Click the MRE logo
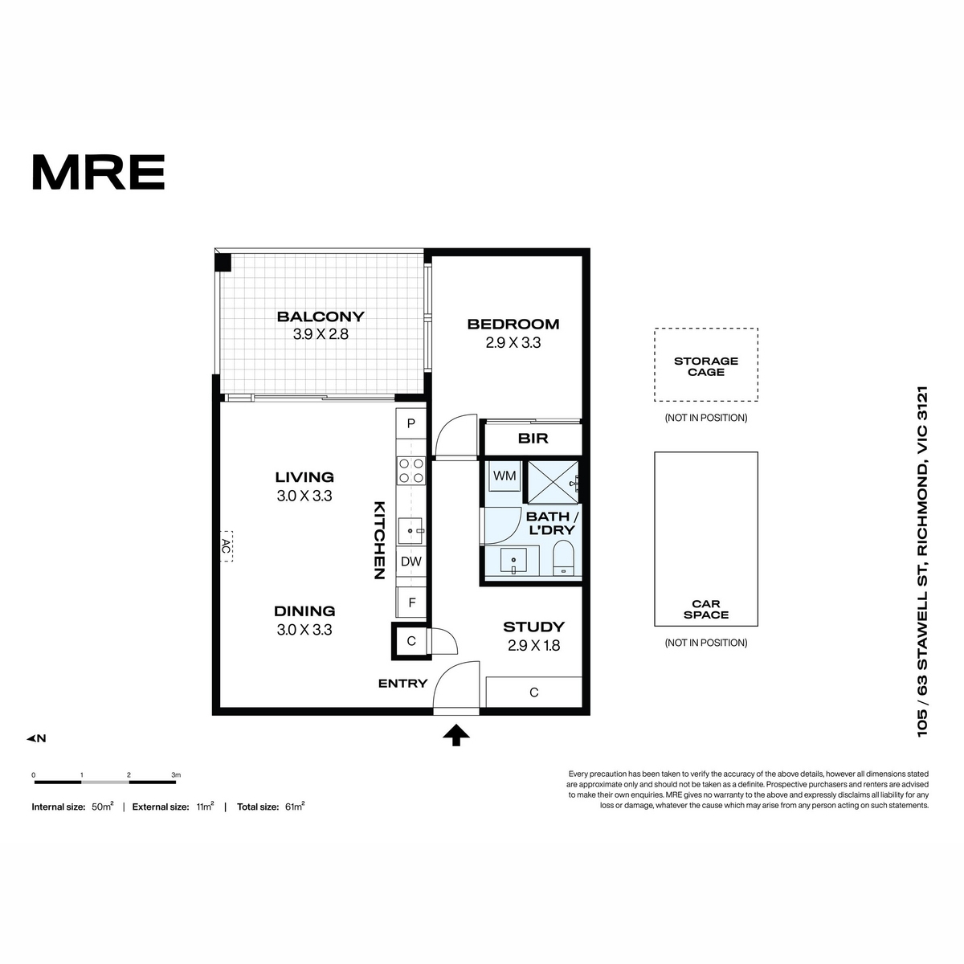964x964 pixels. (x=99, y=172)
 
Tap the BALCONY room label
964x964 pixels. (x=321, y=317)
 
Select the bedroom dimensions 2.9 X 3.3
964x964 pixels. (x=513, y=343)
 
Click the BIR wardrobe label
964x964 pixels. (x=533, y=439)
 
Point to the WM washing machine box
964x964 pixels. (x=504, y=476)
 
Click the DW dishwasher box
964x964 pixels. (x=411, y=562)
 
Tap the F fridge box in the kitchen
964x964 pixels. (x=411, y=602)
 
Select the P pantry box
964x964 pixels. (x=411, y=423)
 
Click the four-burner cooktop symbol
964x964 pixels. (x=411, y=470)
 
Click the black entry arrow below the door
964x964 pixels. (x=456, y=736)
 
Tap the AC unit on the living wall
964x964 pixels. (x=226, y=545)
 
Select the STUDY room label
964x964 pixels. (x=533, y=627)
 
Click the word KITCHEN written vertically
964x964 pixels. (x=380, y=540)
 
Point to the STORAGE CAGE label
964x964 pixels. (x=706, y=366)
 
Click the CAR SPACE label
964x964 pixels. (x=706, y=609)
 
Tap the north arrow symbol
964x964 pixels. (x=36, y=738)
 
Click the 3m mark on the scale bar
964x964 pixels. (x=176, y=775)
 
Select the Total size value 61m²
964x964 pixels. (x=295, y=807)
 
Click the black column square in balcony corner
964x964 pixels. (x=223, y=263)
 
